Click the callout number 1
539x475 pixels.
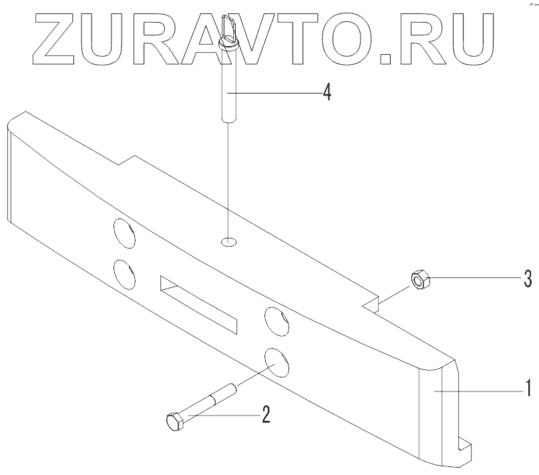pos(527,388)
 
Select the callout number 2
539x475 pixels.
pos(266,415)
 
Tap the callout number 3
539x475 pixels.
pos(527,279)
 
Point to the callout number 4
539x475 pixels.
pos(327,92)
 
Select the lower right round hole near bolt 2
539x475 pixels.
pos(275,361)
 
